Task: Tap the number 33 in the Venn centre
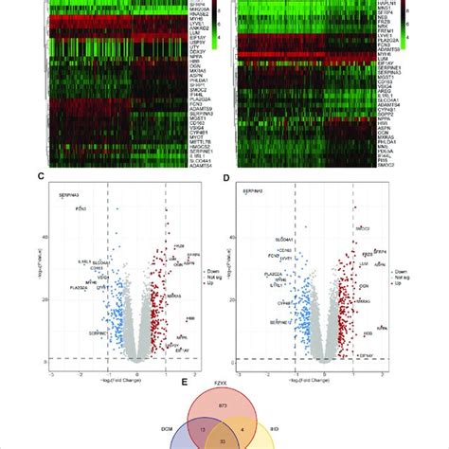(x=224, y=441)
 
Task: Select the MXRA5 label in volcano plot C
(x=175, y=296)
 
